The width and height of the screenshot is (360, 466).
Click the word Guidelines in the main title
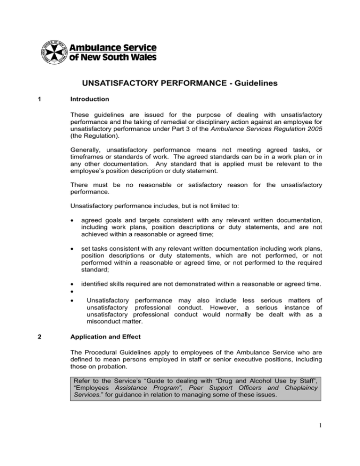(246, 83)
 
